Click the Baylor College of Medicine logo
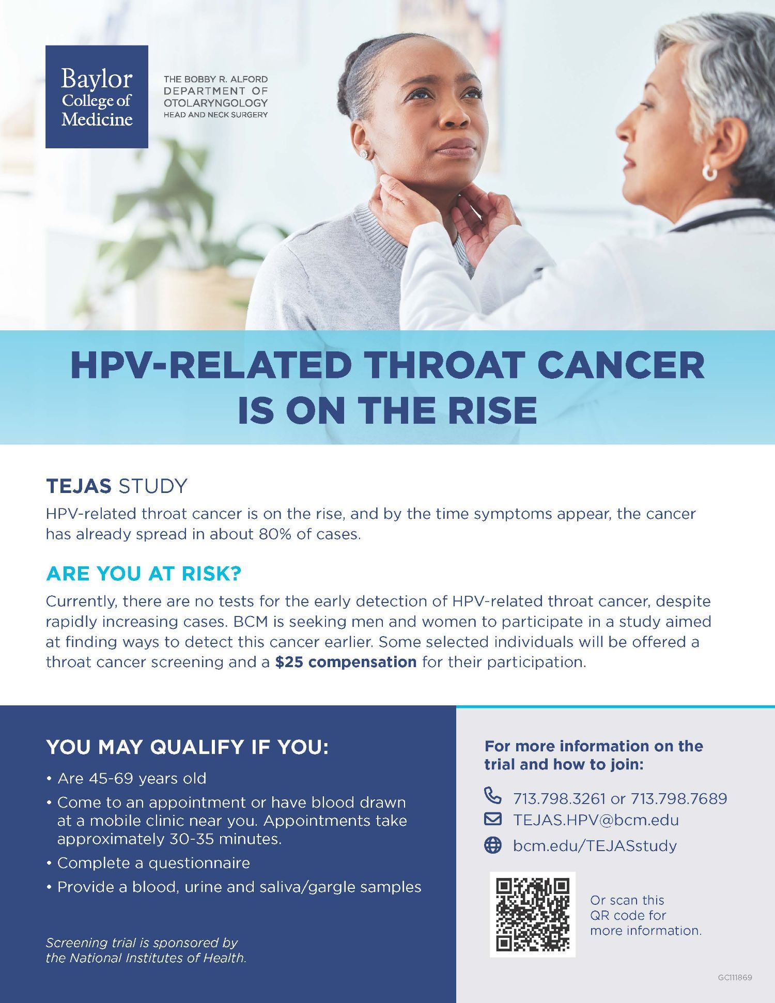coord(97,97)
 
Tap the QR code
coord(533,914)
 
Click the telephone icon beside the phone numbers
coord(493,796)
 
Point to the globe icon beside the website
coord(493,845)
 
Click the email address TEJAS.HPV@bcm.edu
coord(596,820)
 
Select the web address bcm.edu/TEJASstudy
coord(595,846)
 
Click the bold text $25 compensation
coord(346,662)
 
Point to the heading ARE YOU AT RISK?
coord(144,574)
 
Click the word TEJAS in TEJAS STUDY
coord(79,486)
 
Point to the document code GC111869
coord(735,978)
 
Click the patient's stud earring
coord(364,154)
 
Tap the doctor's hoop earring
coord(709,173)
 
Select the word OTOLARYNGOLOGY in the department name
coord(216,103)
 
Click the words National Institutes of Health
coord(157,958)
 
